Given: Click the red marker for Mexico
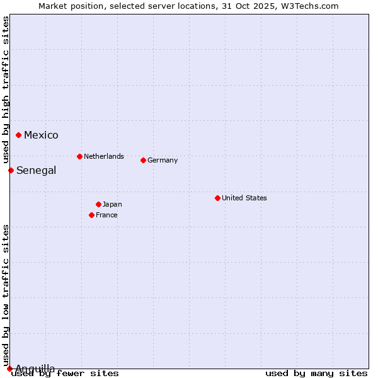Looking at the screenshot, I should click(x=19, y=135).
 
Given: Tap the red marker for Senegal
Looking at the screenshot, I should click(x=11, y=170).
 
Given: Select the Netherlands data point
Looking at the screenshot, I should click(x=79, y=156).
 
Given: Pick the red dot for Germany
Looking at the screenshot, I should click(x=143, y=160).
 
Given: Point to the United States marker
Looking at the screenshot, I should click(x=217, y=198).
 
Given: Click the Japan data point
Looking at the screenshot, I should click(x=98, y=204).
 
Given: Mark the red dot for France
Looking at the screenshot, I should click(x=91, y=215).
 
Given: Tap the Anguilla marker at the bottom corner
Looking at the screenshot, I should click(x=9, y=369).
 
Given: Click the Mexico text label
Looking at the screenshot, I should click(x=41, y=135).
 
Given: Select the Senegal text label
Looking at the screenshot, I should click(x=36, y=170).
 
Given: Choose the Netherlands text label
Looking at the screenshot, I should click(x=103, y=156).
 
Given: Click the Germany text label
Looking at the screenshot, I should click(x=163, y=160).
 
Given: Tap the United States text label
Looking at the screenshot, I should click(x=244, y=198).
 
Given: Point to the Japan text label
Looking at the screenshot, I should click(x=112, y=204).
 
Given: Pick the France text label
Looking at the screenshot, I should click(x=106, y=215).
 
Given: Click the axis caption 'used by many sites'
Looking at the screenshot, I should click(x=316, y=374).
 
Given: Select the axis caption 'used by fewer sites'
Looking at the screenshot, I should click(x=65, y=374).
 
